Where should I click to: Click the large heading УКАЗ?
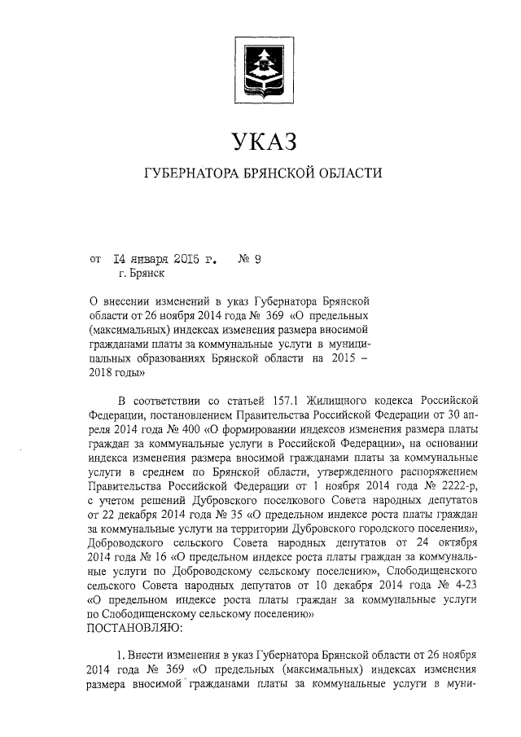pos(261,141)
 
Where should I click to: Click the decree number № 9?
pos(248,261)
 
